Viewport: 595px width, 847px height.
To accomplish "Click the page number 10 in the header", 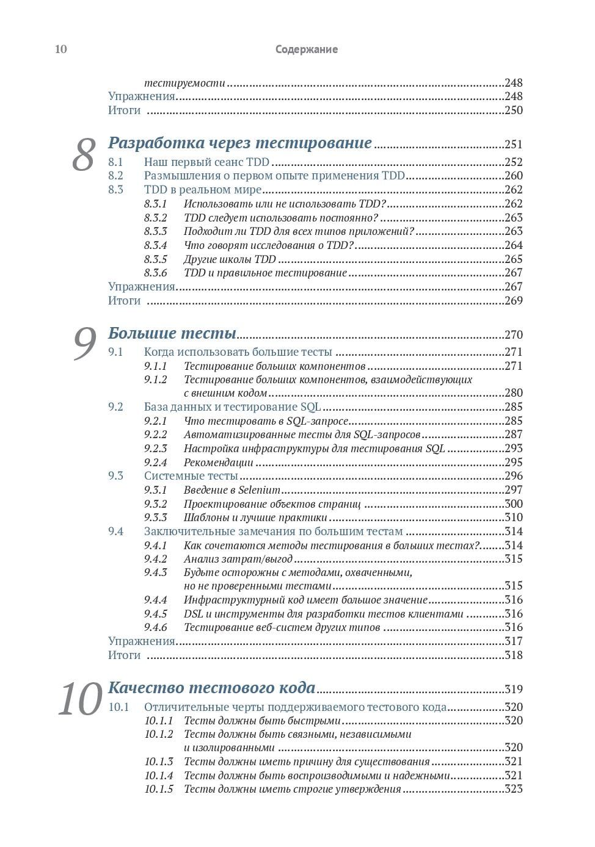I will coord(61,49).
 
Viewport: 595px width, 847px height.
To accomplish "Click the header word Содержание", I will coord(306,49).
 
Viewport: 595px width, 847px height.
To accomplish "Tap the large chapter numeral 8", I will coord(84,154).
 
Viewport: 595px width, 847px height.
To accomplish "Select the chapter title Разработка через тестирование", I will coord(239,143).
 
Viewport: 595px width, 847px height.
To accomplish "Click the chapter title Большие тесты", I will coord(172,333).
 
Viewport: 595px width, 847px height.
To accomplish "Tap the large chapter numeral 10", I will coord(80,699).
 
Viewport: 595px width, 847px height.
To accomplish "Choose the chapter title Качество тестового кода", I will coord(211,688).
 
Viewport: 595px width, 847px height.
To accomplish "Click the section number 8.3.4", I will coord(155,245).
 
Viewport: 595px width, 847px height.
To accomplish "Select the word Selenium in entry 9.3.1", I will coord(259,490).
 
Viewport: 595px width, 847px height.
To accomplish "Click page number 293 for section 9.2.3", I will coord(513,449).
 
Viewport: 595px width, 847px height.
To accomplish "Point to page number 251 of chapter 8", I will coord(513,145).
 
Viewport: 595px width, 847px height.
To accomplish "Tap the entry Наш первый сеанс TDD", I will coord(206,162).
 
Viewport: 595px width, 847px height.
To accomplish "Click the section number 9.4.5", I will coord(155,614).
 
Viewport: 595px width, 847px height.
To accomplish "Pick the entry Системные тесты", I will coord(191,476).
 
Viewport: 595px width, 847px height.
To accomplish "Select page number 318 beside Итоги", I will coord(513,655).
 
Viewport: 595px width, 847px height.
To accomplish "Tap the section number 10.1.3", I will coord(158,762).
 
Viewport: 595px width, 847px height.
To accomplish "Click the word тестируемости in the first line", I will coord(184,83).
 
